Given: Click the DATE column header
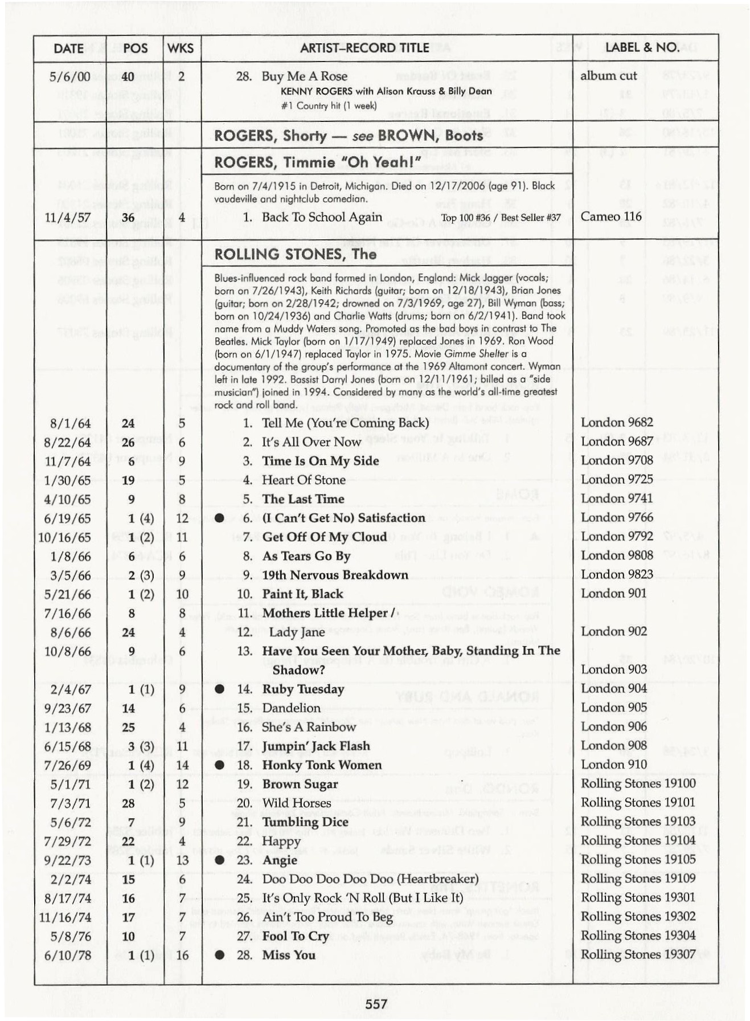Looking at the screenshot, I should pyautogui.click(x=68, y=48).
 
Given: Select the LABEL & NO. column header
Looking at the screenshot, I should pyautogui.click(x=642, y=47).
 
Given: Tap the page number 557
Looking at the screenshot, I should pyautogui.click(x=376, y=1003).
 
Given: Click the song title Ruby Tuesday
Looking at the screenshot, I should pyautogui.click(x=303, y=689).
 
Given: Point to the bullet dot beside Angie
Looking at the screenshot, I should pyautogui.click(x=219, y=860).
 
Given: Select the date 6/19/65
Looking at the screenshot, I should pyautogui.click(x=67, y=518).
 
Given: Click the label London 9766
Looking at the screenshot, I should pyautogui.click(x=616, y=517).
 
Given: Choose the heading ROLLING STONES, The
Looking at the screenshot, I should pyautogui.click(x=295, y=254).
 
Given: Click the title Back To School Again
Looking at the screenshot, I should pyautogui.click(x=322, y=217).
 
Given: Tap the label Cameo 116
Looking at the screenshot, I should pyautogui.click(x=610, y=217).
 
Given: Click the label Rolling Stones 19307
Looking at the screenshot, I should pyautogui.click(x=638, y=954).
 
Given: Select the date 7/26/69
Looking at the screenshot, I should pyautogui.click(x=67, y=765).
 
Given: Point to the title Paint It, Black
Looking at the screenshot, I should pyautogui.click(x=302, y=594).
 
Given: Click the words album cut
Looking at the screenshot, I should pyautogui.click(x=608, y=76).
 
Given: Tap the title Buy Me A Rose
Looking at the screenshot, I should pyautogui.click(x=304, y=76).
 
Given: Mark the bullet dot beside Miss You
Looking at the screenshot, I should pyautogui.click(x=219, y=955).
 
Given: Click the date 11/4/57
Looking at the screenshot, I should pyautogui.click(x=67, y=218).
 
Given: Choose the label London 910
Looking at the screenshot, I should pyautogui.click(x=613, y=765).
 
